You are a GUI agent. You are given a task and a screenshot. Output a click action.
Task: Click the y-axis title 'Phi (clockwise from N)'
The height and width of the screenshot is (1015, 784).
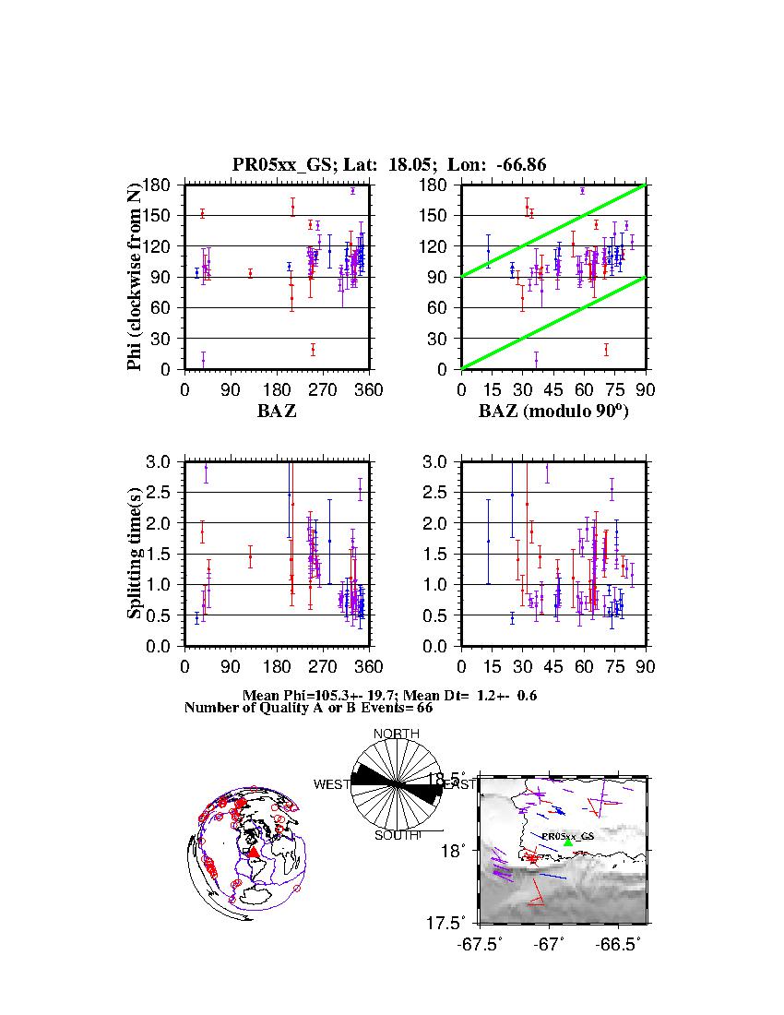click(135, 277)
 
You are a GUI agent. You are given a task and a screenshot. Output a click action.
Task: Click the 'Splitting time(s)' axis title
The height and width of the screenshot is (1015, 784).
click(135, 554)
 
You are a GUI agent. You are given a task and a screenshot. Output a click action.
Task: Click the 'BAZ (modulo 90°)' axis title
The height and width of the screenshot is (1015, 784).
click(553, 412)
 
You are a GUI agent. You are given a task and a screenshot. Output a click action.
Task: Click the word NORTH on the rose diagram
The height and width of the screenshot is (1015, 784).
click(397, 734)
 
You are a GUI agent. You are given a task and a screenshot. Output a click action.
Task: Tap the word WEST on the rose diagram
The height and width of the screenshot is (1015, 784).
click(332, 784)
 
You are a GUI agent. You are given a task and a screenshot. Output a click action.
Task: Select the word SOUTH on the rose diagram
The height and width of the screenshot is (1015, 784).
click(397, 835)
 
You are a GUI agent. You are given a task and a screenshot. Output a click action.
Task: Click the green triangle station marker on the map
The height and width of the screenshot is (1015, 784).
click(568, 842)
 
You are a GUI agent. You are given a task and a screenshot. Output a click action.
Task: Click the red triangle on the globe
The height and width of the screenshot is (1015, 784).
click(254, 853)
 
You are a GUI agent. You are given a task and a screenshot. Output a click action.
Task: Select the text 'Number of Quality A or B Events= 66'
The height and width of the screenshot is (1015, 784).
click(302, 708)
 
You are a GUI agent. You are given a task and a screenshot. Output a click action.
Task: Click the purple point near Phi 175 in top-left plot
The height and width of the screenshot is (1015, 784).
click(352, 191)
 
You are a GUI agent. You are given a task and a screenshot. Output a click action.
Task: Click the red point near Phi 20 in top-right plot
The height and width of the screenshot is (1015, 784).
click(606, 349)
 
